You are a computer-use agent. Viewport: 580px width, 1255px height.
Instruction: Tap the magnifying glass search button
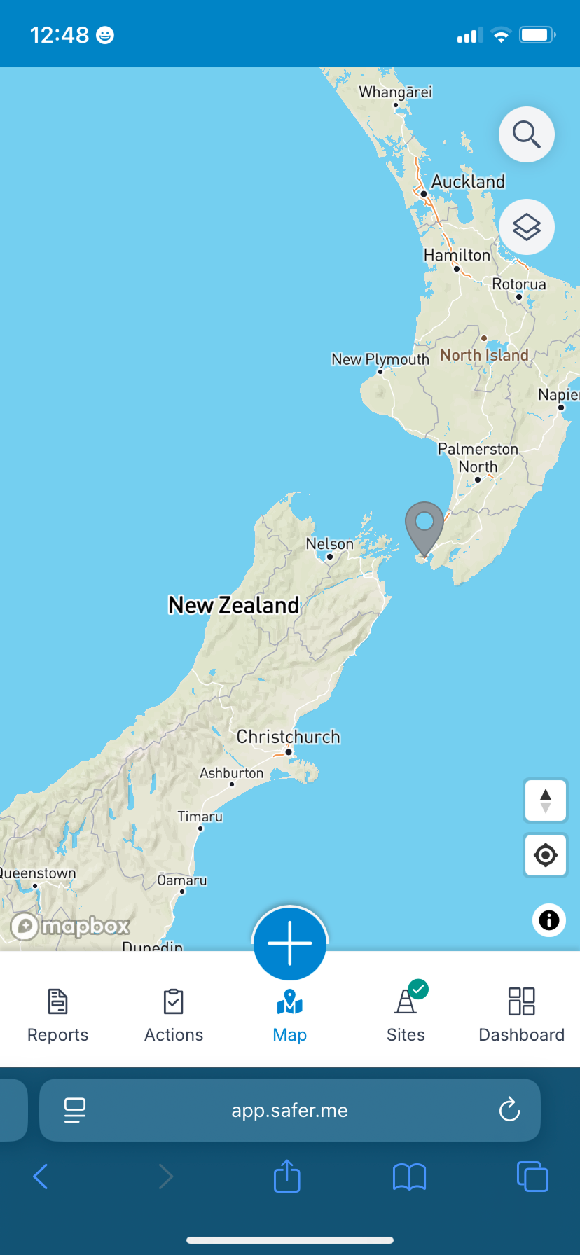click(526, 134)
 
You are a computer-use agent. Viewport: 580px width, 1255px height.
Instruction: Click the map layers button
click(526, 227)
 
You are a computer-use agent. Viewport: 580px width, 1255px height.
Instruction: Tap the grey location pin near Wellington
click(424, 524)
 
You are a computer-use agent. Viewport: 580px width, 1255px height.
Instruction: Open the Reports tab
click(58, 1015)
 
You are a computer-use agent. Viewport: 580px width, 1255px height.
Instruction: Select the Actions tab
click(174, 1015)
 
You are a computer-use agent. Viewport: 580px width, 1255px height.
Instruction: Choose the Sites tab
click(406, 1015)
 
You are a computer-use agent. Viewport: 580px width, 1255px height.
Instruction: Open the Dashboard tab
click(521, 1015)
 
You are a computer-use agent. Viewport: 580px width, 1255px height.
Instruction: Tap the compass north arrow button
click(546, 800)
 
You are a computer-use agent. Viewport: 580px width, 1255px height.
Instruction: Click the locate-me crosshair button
click(546, 855)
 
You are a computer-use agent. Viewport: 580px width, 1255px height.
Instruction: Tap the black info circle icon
click(549, 920)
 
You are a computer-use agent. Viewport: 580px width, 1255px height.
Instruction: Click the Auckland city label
click(468, 182)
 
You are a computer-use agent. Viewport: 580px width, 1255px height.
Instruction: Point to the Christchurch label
click(288, 737)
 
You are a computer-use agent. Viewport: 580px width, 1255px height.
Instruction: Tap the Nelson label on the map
click(329, 544)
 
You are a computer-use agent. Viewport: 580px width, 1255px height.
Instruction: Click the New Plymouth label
click(380, 359)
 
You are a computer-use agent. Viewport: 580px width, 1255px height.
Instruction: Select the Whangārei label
click(395, 92)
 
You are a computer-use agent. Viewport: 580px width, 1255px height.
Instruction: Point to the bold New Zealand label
click(234, 605)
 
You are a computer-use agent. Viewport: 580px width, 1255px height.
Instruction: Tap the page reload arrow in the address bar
click(509, 1109)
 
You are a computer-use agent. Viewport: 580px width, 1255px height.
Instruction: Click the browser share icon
click(286, 1176)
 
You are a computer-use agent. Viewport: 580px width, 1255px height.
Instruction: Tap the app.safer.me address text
click(289, 1110)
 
